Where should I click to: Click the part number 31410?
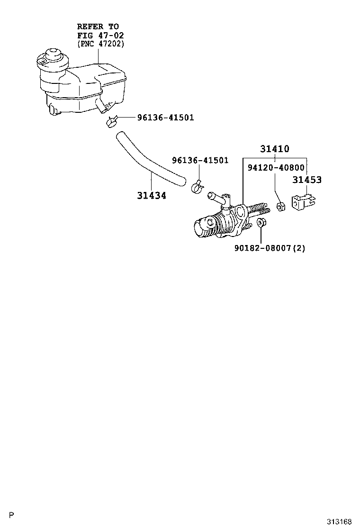pos(275,148)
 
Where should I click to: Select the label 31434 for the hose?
pos(152,195)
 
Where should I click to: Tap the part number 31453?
pos(307,180)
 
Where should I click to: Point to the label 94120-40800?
pos(276,167)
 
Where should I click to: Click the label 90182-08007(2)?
pos(270,248)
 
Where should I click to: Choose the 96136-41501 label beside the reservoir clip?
pos(166,118)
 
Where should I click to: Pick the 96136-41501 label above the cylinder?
pos(200,160)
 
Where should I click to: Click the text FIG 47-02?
pos(100,35)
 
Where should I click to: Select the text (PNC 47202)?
pos(100,44)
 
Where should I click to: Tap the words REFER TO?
pos(98,27)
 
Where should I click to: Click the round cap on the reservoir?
pos(53,54)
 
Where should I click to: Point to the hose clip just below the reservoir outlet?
pos(112,122)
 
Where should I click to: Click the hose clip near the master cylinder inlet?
pos(197,187)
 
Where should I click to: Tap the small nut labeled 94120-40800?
pos(281,207)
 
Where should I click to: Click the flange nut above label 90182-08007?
pos(261,222)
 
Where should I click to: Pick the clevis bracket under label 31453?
pos(303,202)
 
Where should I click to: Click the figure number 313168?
pos(339,522)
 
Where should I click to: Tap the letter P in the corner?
pos(12,515)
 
